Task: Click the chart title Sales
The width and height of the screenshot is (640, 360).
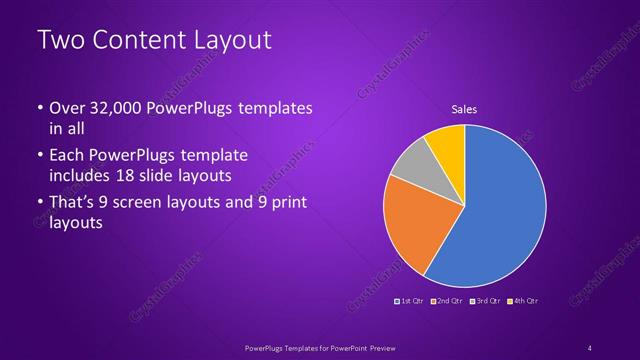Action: pos(464,108)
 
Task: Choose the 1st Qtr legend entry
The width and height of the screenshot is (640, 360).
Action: pos(411,300)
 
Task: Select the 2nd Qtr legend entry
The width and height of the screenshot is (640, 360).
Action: pos(446,300)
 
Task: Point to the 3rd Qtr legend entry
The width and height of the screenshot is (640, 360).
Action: pos(485,300)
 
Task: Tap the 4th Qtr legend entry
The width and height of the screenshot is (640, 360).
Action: pos(524,300)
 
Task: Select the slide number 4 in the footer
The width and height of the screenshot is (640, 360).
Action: pos(590,347)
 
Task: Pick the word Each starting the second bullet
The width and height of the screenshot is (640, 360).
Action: pos(67,156)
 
